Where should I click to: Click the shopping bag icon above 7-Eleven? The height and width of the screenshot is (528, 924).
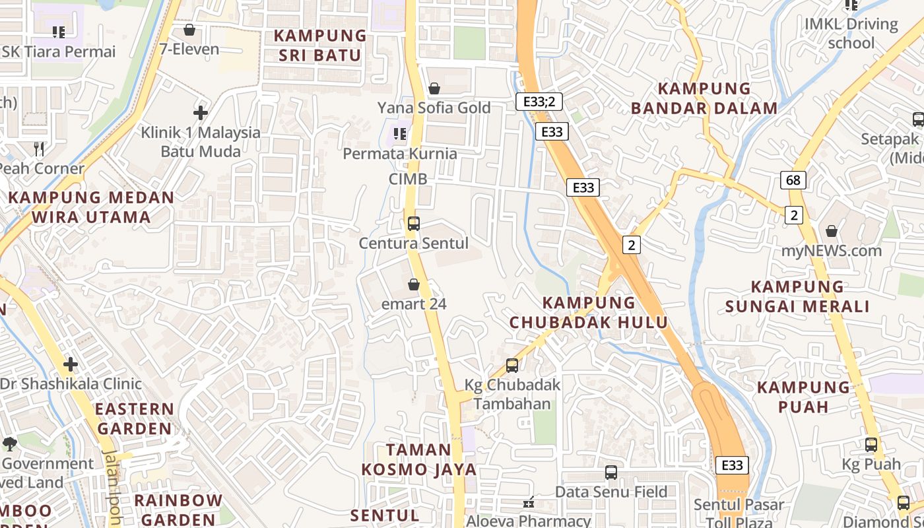189,30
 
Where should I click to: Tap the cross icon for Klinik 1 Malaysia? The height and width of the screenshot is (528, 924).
201,113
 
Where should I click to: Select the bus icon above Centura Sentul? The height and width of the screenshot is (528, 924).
414,223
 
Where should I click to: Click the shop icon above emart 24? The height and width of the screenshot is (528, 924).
414,284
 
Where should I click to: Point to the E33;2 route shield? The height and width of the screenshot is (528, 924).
539,102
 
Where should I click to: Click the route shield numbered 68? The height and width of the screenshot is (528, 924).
793,180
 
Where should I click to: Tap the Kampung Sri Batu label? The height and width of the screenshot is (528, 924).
320,46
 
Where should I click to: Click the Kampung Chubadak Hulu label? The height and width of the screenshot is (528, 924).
589,313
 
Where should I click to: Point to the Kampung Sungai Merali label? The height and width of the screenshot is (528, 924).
797,296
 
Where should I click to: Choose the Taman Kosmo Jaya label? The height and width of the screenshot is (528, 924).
418,459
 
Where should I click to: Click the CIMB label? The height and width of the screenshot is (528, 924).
408,179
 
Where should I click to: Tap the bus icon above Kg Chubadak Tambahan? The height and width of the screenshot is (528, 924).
511,365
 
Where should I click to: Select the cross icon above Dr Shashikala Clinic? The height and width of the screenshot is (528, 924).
71,364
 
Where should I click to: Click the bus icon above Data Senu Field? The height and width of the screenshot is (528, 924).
611,473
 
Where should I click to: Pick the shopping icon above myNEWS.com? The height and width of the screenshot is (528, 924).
832,231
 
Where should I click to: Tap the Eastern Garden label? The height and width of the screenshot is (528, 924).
135,418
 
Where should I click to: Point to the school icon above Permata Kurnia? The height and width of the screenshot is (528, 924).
400,134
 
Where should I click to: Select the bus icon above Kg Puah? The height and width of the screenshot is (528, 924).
871,445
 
